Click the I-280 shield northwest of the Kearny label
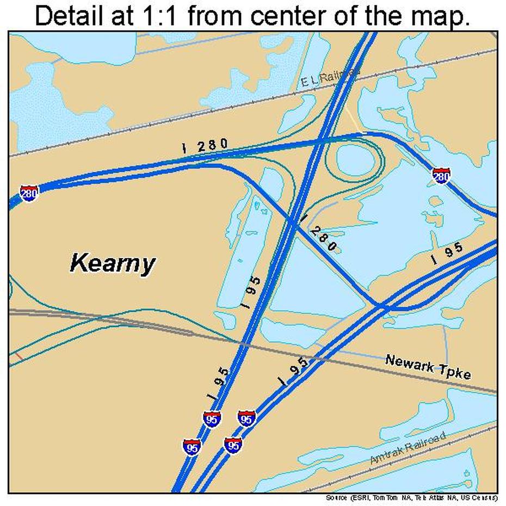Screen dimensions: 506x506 click(x=29, y=193)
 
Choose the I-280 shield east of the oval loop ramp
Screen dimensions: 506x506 click(x=441, y=175)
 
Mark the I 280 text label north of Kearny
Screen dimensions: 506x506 click(x=204, y=145)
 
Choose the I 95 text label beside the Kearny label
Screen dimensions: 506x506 click(x=251, y=293)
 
